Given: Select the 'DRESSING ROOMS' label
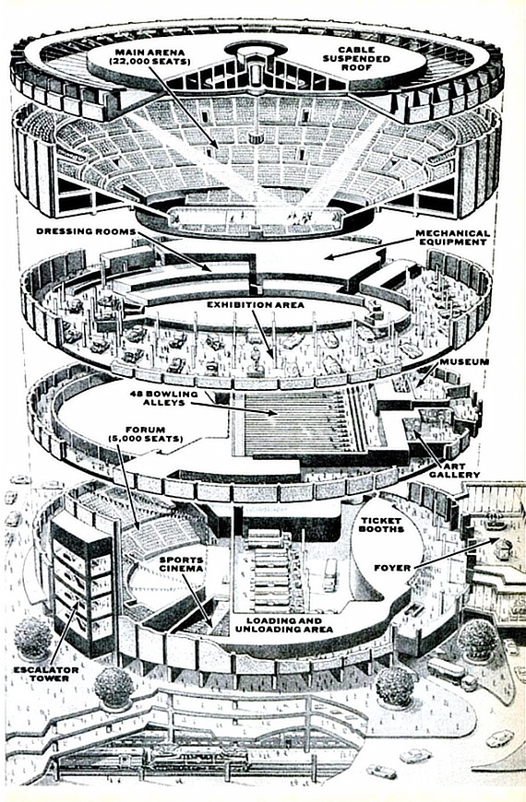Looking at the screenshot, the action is pos(86,231).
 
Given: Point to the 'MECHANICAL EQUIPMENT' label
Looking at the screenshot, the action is pos(453,237).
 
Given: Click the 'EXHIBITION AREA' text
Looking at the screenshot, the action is pos(256,305).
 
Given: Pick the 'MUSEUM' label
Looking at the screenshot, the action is pos(464,362).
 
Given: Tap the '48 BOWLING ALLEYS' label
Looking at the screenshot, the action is pos(163,398).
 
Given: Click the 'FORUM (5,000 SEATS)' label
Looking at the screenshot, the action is pos(146,434).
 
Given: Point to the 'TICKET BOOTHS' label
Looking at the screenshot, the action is pos(383,525).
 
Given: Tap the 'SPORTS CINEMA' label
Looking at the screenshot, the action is pos(181,564).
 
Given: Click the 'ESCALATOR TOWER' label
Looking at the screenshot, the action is pos(47,674).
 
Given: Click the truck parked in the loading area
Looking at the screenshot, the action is pos(330,575).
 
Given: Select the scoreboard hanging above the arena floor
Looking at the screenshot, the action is pos(252,137).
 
